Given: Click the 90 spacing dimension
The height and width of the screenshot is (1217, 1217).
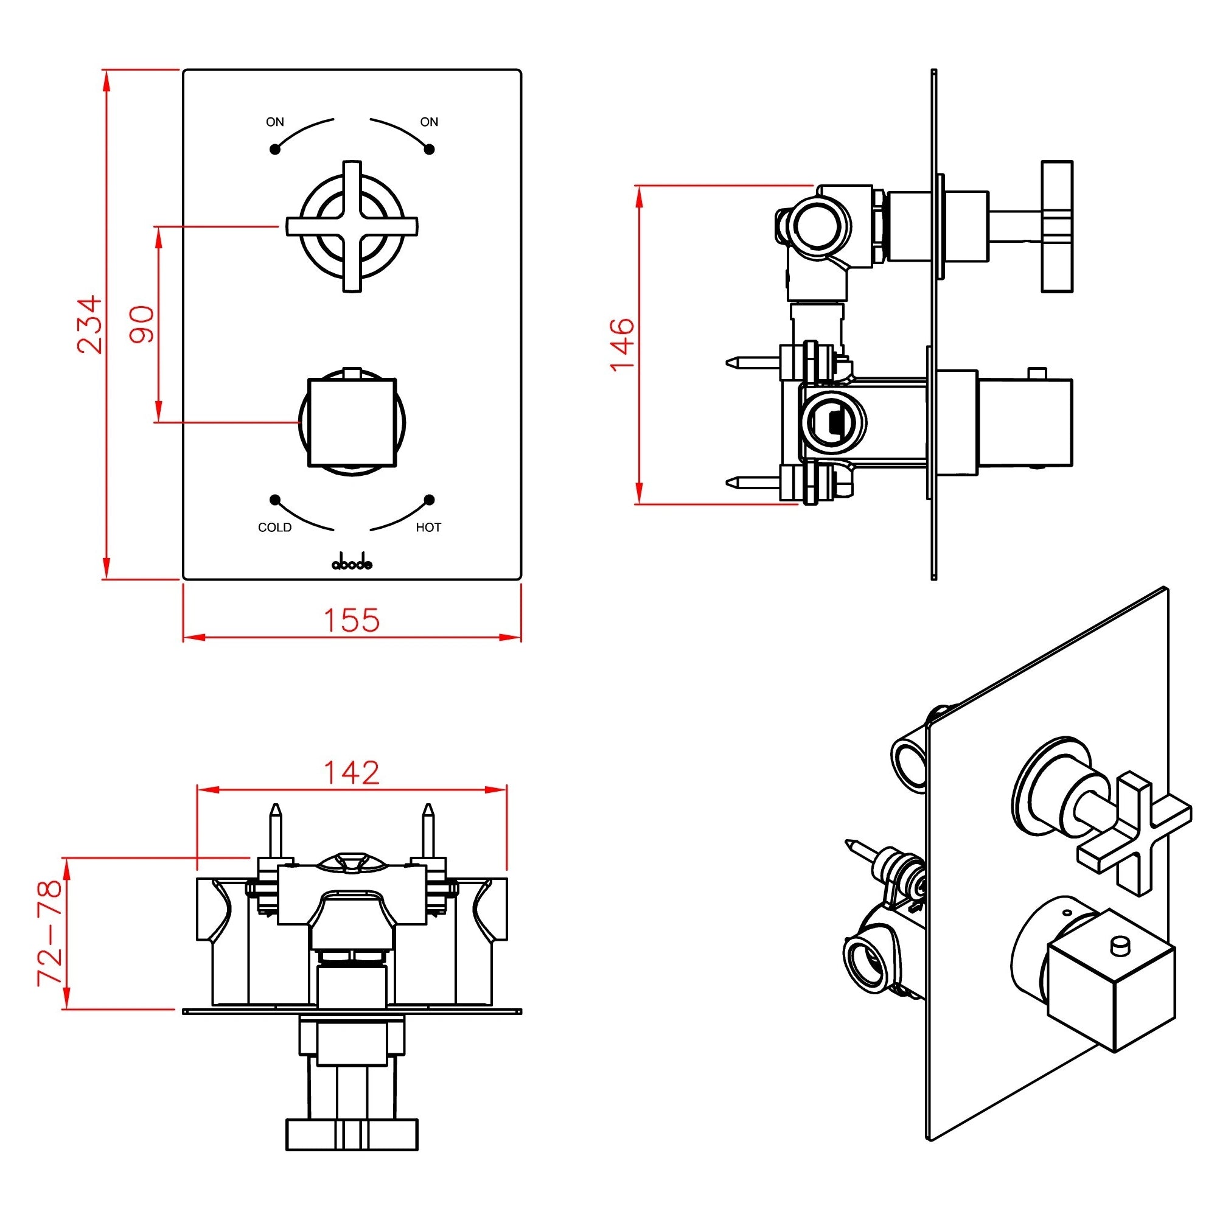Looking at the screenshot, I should pos(141,324).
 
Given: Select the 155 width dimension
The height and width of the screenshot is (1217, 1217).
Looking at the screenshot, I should pos(352,620).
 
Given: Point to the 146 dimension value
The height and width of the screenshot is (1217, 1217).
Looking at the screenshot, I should pos(622,344).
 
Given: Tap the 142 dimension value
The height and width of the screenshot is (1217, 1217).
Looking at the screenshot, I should pos(352,773).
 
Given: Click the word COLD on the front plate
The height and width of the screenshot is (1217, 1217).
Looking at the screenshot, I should pos(274,527).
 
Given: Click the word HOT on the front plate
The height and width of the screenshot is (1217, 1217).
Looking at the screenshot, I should pos(428,527).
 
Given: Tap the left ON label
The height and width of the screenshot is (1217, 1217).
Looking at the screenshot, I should pos(274,122).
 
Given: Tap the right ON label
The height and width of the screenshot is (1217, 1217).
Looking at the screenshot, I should pos(429,122).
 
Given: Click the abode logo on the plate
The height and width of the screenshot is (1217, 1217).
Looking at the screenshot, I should pos(352,563).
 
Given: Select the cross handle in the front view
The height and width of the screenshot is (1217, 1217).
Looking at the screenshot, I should pos(352,226).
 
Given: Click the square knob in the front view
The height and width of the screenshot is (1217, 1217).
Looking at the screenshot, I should pos(352,423).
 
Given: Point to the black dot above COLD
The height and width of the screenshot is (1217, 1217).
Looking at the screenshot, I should pos(274,500).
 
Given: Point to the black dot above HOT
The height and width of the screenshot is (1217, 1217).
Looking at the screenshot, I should pos(429,500).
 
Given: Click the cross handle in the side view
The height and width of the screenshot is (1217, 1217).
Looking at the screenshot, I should pos(1056,226).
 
